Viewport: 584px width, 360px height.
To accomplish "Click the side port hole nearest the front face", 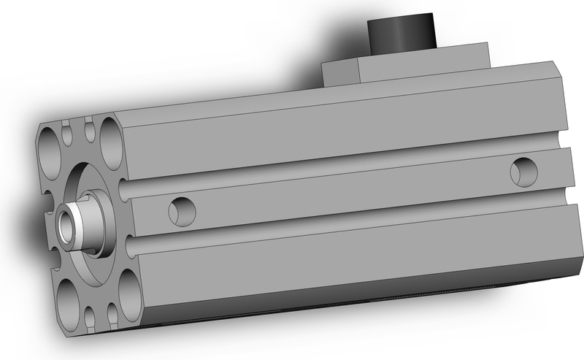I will point(182,212).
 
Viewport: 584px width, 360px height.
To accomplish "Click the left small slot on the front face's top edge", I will point(68,134).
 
